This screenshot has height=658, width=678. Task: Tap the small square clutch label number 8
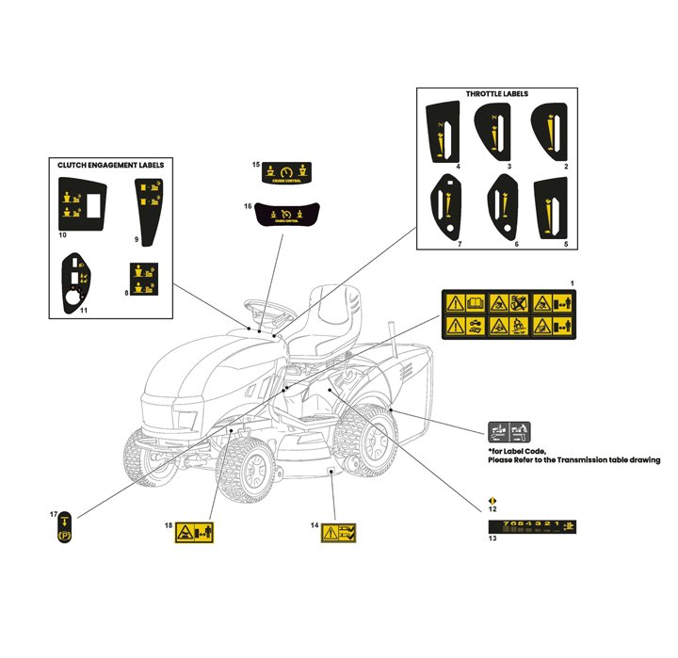pyautogui.click(x=144, y=279)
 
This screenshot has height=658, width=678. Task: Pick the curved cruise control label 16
pyautogui.click(x=286, y=216)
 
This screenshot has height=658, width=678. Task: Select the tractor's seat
pyautogui.click(x=330, y=311)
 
